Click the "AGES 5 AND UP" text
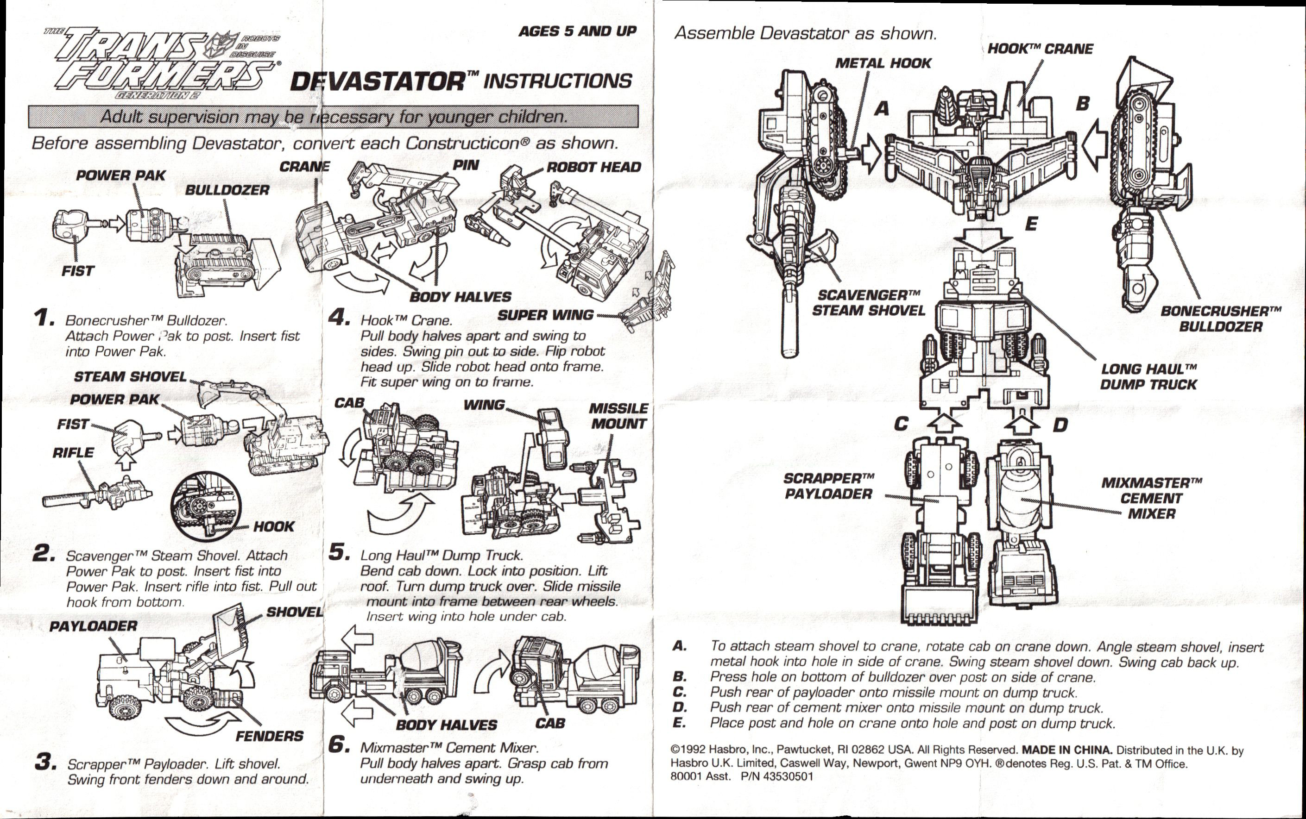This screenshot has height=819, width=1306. (577, 31)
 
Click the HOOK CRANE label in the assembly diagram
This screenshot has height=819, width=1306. (1040, 49)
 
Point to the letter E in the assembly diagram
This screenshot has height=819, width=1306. (1031, 224)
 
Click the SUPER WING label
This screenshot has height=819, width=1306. (546, 315)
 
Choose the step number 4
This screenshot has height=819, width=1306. (339, 318)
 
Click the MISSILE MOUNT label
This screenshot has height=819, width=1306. (618, 416)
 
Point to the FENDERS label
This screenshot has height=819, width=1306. (269, 736)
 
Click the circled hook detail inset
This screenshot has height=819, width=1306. (204, 507)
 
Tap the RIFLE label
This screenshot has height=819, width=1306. (73, 453)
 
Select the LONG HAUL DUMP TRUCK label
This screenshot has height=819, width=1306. (1148, 376)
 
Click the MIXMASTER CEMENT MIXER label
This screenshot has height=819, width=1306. (1152, 498)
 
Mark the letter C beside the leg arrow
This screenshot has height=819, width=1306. (901, 424)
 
